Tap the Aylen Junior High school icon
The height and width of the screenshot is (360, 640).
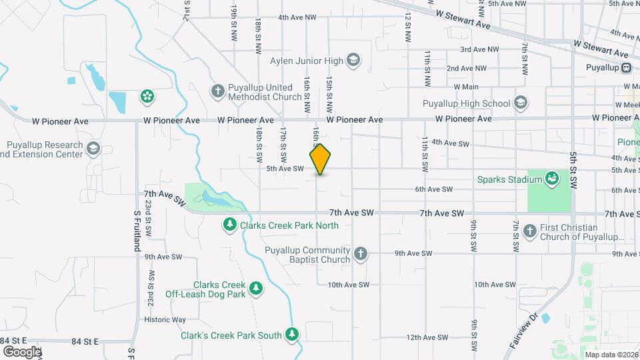pos(353,61)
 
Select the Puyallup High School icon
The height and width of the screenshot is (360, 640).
pos(521,103)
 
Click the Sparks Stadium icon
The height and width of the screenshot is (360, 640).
pos(552,179)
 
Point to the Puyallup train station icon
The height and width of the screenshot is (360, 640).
pos(627,67)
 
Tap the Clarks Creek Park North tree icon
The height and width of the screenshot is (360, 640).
pos(230,225)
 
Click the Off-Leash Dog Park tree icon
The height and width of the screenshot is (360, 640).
pos(255,289)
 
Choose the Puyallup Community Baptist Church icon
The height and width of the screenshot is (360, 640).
pos(360,253)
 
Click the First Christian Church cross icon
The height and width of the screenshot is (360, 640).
pos(530,231)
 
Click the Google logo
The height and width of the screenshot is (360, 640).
pos(21,351)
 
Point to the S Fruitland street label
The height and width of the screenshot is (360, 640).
pos(136,231)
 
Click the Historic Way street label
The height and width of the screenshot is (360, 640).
pos(165,320)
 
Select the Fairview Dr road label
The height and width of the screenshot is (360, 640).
pos(524,333)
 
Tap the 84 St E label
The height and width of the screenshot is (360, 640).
pos(85,341)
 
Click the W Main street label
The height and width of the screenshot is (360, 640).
pos(466,87)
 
